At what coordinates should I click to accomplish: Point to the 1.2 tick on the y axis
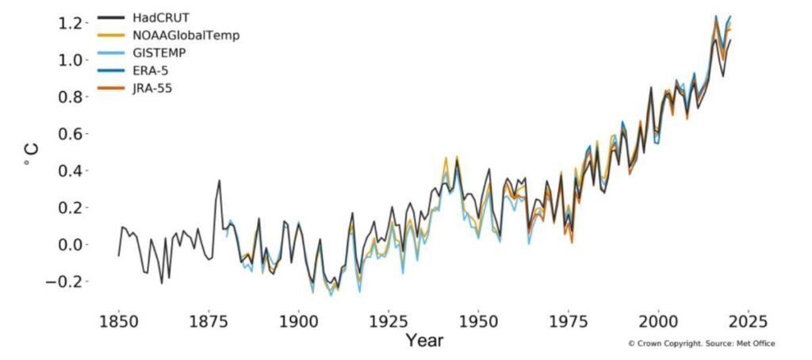[x=71, y=23]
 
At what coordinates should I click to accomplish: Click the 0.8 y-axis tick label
[x=71, y=97]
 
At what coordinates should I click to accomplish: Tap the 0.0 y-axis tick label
[x=71, y=244]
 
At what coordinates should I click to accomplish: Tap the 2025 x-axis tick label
[x=748, y=323]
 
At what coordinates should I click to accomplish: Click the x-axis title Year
[x=424, y=342]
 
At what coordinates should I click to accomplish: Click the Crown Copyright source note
[x=701, y=343]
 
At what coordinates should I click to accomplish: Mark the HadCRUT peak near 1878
[x=220, y=181]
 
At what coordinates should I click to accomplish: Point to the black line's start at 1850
[x=119, y=255]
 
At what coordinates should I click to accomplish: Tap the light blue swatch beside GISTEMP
[x=111, y=53]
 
